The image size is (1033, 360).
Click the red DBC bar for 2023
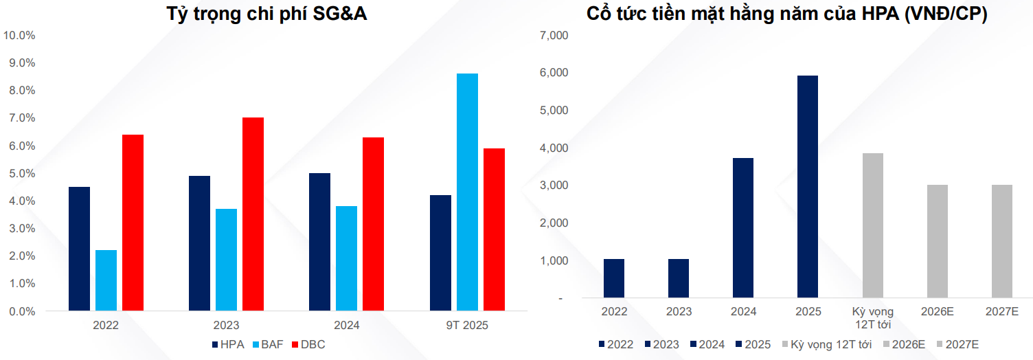click(253, 214)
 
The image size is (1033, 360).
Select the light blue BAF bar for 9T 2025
click(467, 192)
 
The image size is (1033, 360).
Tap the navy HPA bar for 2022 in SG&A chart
click(79, 249)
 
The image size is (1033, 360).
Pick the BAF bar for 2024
click(347, 258)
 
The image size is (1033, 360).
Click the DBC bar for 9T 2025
click(494, 229)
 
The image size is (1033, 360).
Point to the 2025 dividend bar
click(808, 187)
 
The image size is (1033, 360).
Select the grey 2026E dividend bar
click(937, 241)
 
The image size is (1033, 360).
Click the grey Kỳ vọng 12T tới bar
click(872, 225)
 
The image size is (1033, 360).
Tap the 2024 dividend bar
click(743, 228)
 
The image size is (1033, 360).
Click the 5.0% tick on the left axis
click(21, 173)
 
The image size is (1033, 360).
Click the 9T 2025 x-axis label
click(467, 325)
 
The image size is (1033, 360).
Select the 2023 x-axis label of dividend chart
click(679, 311)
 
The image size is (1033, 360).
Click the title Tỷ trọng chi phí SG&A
click(266, 14)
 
